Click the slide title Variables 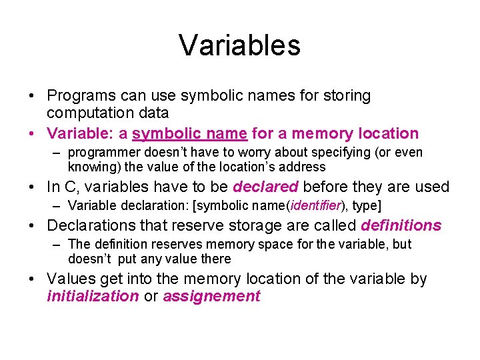(239, 45)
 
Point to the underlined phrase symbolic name (189, 133)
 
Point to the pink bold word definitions (401, 225)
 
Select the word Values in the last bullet (69, 279)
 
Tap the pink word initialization (93, 297)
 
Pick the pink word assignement (211, 297)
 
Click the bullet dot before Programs (33, 96)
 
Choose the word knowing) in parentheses (92, 167)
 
